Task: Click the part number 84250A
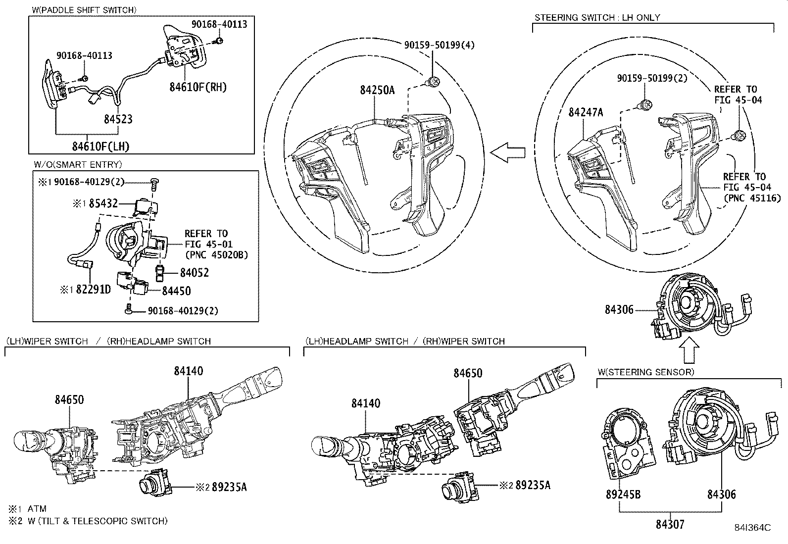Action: [377, 90]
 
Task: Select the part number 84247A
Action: [586, 112]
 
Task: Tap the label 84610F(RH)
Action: [198, 88]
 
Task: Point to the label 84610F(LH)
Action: [100, 147]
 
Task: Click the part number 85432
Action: [103, 203]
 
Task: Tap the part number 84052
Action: [194, 273]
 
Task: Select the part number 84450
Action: [176, 291]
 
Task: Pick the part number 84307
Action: [670, 524]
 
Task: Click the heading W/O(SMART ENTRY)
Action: [78, 165]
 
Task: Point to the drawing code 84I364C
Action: [752, 528]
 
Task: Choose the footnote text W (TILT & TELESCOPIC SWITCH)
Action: [97, 521]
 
